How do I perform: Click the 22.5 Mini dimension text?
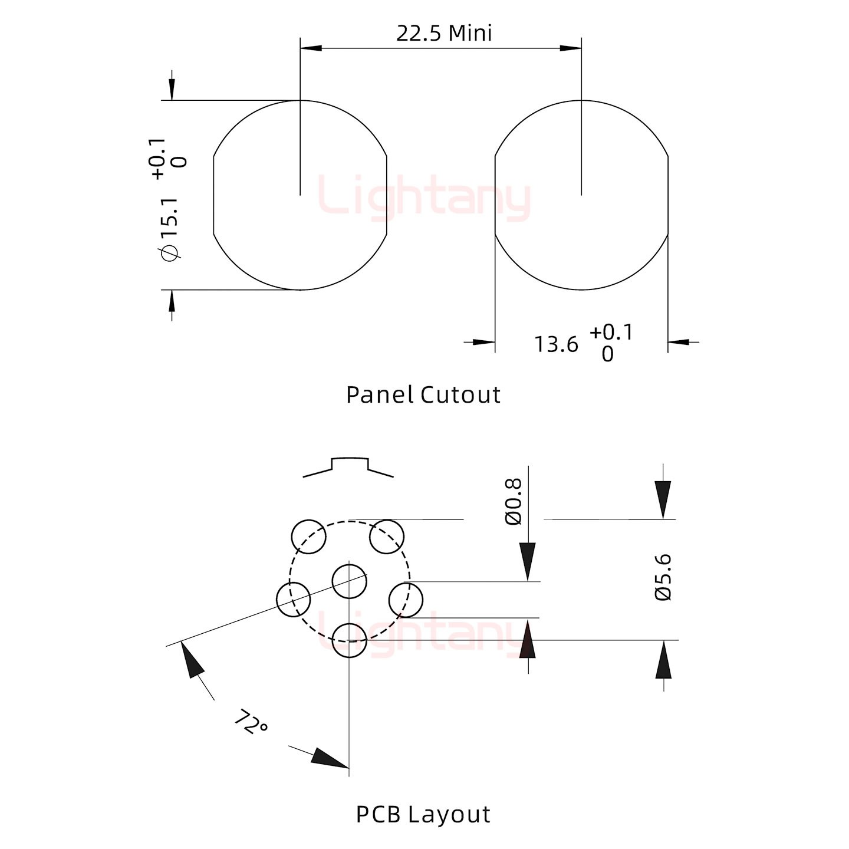(x=444, y=34)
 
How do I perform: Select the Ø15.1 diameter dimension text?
(x=170, y=229)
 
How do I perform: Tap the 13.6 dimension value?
(x=556, y=344)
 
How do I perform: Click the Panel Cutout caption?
(x=423, y=395)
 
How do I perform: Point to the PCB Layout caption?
(x=423, y=814)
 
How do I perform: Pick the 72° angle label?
(x=250, y=721)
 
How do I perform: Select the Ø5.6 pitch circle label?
(x=663, y=577)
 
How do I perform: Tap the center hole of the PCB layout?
(x=350, y=581)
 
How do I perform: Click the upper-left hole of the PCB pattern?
(x=309, y=536)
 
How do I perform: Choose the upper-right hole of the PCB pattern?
(x=386, y=536)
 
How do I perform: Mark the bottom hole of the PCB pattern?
(x=350, y=640)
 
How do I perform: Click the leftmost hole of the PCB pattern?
(x=294, y=600)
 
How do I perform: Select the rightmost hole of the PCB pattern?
(x=406, y=600)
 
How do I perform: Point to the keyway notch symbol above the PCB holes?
(x=348, y=468)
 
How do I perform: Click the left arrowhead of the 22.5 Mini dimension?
(x=311, y=48)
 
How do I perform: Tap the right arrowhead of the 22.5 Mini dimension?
(x=571, y=48)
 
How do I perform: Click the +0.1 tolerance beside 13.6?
(x=611, y=332)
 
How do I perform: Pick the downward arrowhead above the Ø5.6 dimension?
(x=663, y=500)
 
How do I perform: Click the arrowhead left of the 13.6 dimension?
(x=484, y=342)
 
